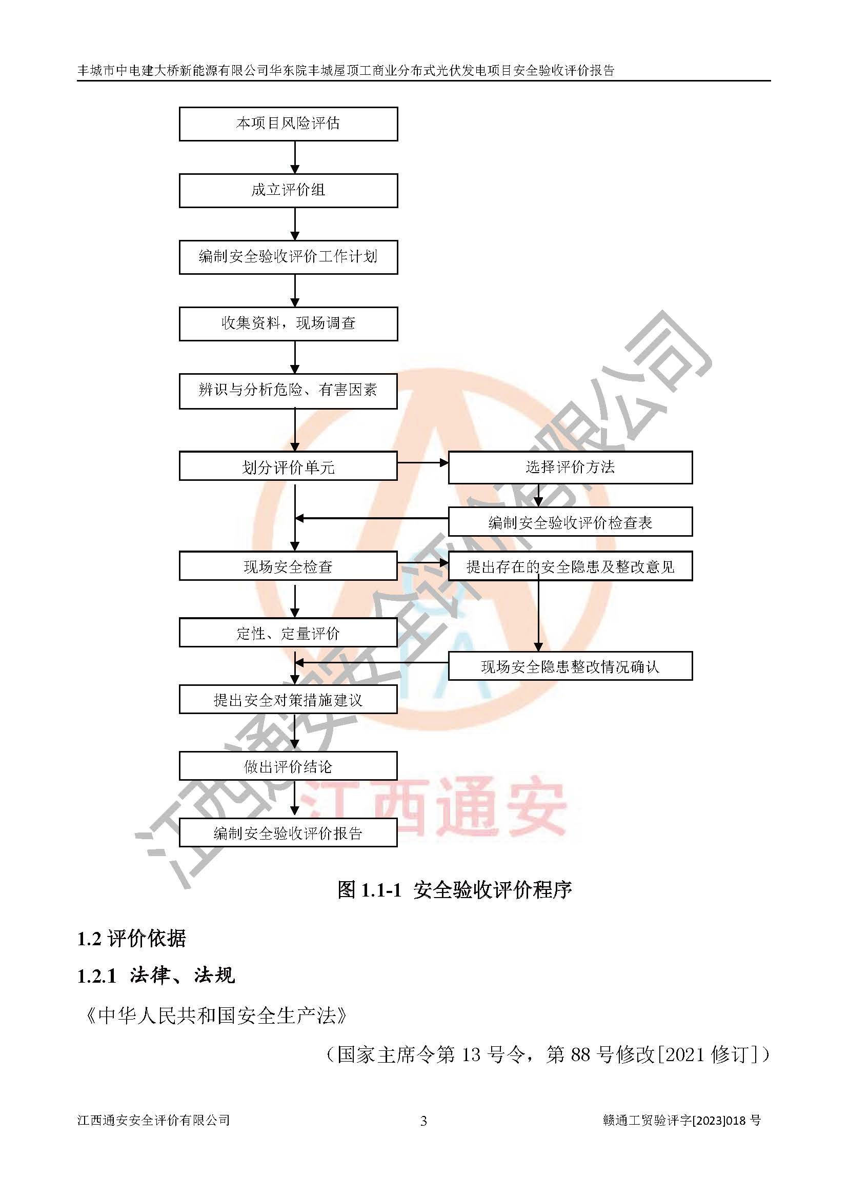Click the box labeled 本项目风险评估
click(288, 124)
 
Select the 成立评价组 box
click(288, 191)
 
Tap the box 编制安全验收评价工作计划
click(288, 257)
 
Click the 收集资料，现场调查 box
click(288, 324)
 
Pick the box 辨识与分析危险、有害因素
click(288, 391)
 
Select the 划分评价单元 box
click(288, 466)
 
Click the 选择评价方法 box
click(570, 468)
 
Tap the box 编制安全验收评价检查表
click(570, 522)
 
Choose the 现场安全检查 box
click(288, 565)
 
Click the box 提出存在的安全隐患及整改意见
click(570, 566)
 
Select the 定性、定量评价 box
click(288, 633)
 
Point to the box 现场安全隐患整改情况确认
click(570, 666)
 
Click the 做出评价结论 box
click(288, 766)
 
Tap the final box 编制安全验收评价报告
click(288, 832)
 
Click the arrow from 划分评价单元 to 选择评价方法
click(423, 463)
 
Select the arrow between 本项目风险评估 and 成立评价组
click(295, 157)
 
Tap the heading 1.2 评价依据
click(132, 939)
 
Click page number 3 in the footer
click(423, 1121)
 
